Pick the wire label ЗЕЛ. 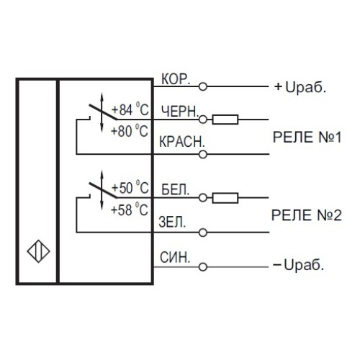coord(171,222)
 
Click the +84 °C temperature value coord(130,110)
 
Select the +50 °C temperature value coord(130,189)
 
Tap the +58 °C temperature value coord(130,210)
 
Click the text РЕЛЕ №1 coord(305,137)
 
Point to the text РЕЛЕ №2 coord(305,214)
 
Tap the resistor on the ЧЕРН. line coord(228,120)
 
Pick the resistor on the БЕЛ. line coord(228,197)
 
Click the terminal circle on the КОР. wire coord(204,87)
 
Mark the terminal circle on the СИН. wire coord(204,265)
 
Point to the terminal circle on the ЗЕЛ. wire coord(204,232)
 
